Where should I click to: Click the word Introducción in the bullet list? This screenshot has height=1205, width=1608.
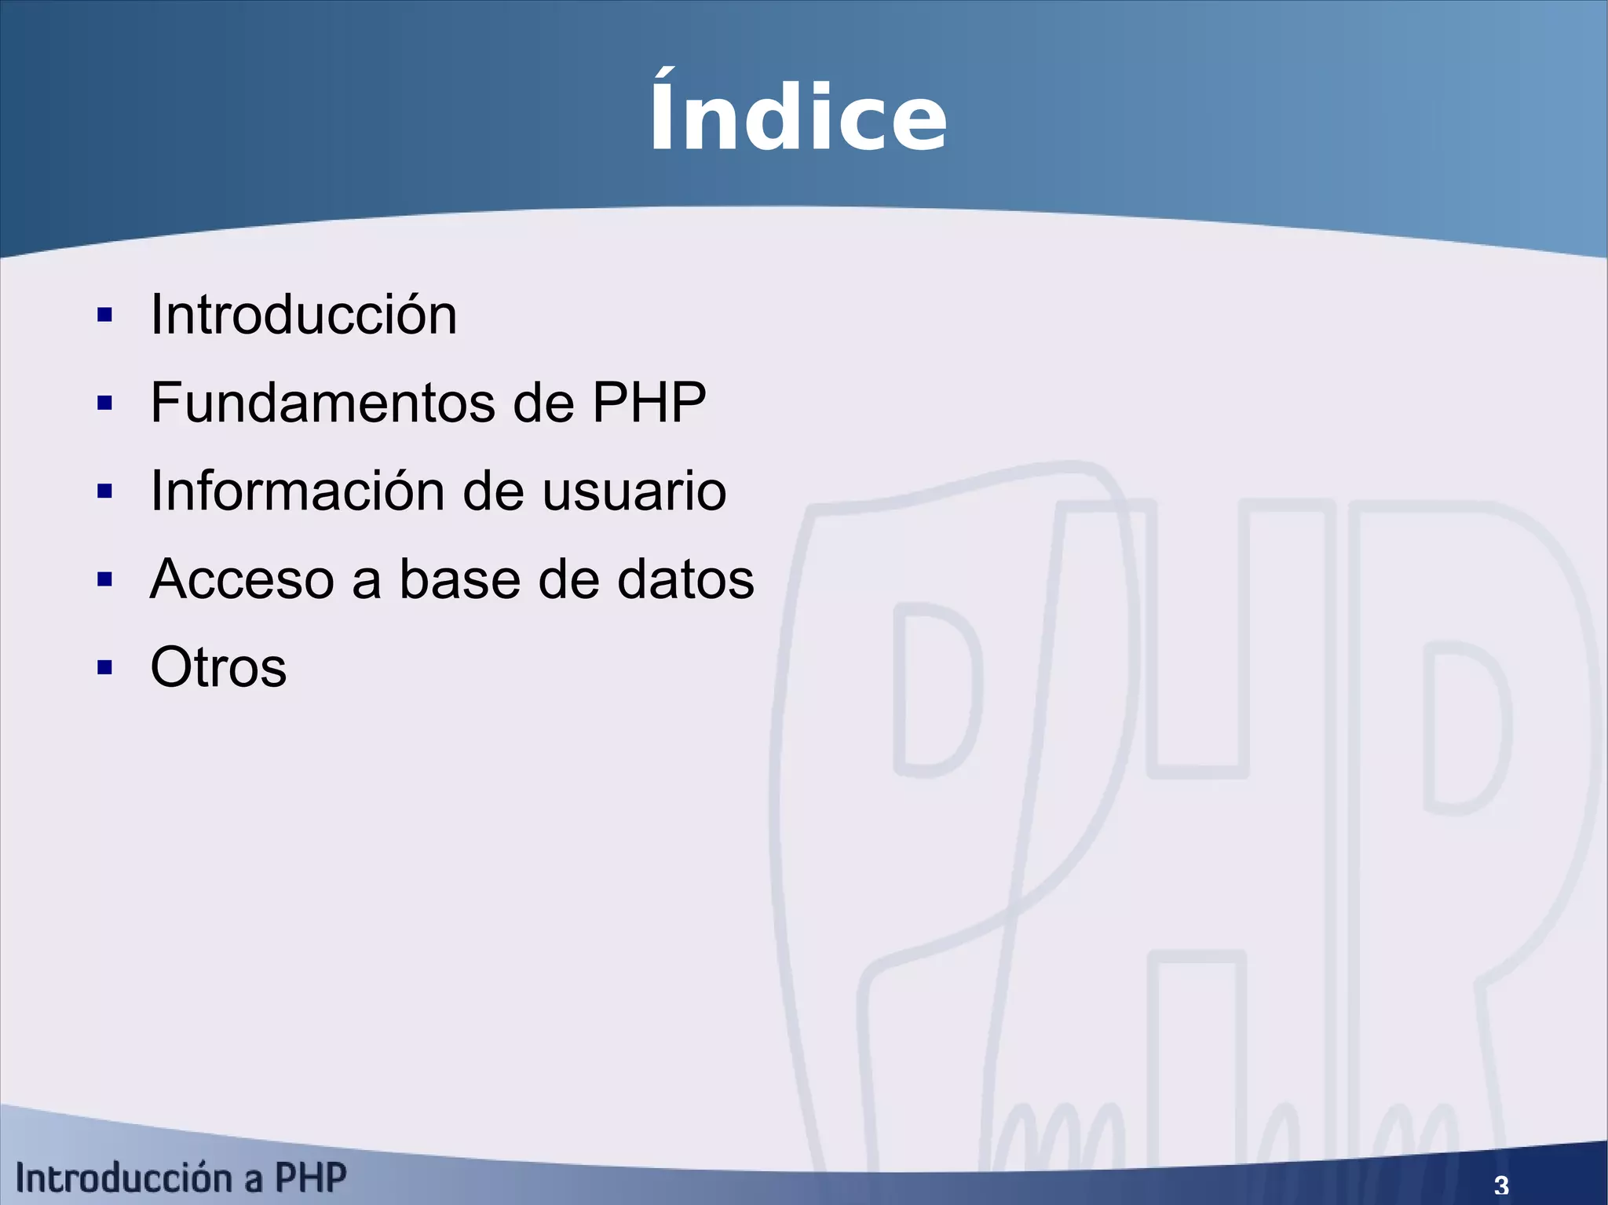coord(303,315)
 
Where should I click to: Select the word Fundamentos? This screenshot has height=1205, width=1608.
coord(322,403)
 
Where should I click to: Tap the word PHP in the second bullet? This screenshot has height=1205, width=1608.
coord(649,403)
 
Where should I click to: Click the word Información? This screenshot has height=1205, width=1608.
coord(298,491)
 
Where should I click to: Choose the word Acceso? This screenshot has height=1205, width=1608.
coord(242,579)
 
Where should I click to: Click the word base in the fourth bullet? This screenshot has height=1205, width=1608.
coord(460,579)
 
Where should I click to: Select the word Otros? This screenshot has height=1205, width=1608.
coord(218,667)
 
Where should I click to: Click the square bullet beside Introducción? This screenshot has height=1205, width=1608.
coord(104,316)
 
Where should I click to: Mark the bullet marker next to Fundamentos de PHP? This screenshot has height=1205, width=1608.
coord(104,403)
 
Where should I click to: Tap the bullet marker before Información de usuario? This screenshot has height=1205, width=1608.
coord(104,491)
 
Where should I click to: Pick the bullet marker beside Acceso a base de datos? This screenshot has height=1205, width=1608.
coord(104,580)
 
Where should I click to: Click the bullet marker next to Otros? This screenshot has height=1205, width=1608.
coord(104,668)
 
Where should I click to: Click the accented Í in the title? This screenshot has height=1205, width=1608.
coord(667,114)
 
